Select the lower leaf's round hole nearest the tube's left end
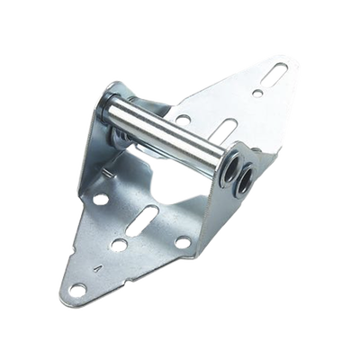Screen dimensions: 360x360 (x=102, y=199)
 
